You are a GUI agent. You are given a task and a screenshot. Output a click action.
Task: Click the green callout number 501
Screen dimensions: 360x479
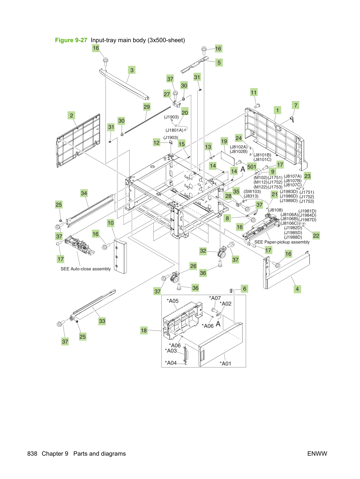pyautogui.click(x=252, y=167)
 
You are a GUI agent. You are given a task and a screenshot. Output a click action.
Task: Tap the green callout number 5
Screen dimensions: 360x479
pyautogui.click(x=219, y=63)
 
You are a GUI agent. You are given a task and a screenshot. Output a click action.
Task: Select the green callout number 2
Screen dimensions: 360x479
pyautogui.click(x=71, y=115)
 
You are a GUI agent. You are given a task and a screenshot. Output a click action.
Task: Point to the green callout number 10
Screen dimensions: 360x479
pyautogui.click(x=111, y=223)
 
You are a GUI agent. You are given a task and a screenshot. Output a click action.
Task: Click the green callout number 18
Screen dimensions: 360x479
pyautogui.click(x=144, y=330)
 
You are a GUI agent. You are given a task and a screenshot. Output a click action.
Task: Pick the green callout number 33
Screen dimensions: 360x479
pyautogui.click(x=102, y=321)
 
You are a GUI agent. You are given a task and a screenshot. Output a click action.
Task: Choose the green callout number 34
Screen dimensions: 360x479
pyautogui.click(x=84, y=193)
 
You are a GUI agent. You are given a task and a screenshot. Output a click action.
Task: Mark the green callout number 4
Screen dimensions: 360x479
pyautogui.click(x=297, y=289)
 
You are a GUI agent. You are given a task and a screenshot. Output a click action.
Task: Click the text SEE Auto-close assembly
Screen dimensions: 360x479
pyautogui.click(x=86, y=269)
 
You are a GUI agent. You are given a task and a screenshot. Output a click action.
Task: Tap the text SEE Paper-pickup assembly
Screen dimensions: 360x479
pyautogui.click(x=282, y=242)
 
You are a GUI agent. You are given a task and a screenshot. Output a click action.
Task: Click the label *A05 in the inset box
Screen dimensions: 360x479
pyautogui.click(x=173, y=301)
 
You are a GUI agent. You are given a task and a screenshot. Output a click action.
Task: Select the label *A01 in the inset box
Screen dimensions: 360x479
pyautogui.click(x=225, y=363)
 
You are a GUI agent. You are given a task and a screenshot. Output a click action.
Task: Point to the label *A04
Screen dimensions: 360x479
pyautogui.click(x=171, y=363)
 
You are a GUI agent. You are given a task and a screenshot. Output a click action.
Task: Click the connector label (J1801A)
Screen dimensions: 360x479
pyautogui.click(x=174, y=130)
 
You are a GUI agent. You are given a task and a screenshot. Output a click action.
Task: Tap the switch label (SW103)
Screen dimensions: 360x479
pyautogui.click(x=252, y=191)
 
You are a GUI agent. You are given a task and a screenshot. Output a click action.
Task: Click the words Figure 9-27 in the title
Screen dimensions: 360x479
pyautogui.click(x=71, y=40)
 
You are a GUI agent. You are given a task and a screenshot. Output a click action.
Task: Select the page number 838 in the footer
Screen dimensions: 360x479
pyautogui.click(x=32, y=454)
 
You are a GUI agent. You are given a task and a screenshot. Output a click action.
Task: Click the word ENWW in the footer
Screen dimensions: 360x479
pyautogui.click(x=317, y=454)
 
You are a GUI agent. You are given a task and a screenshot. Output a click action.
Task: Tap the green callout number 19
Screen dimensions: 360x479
pyautogui.click(x=224, y=141)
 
